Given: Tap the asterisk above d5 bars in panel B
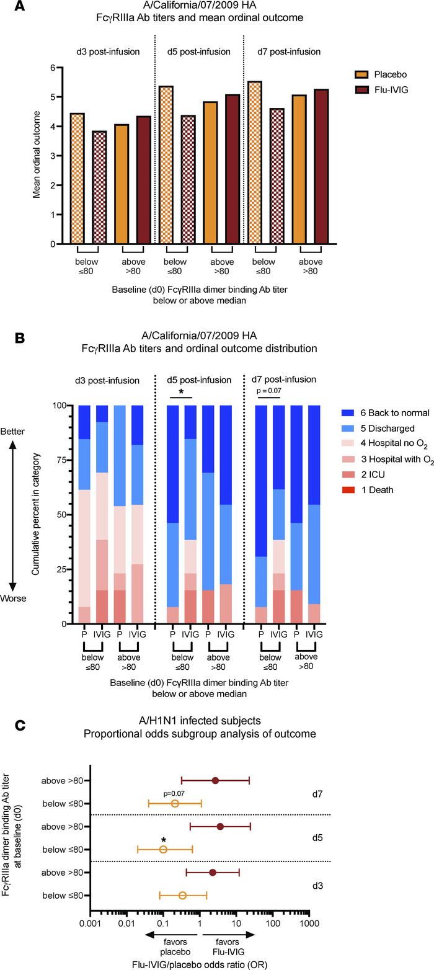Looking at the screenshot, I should click(181, 393).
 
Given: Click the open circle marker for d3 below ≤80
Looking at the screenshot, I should click(182, 895).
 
